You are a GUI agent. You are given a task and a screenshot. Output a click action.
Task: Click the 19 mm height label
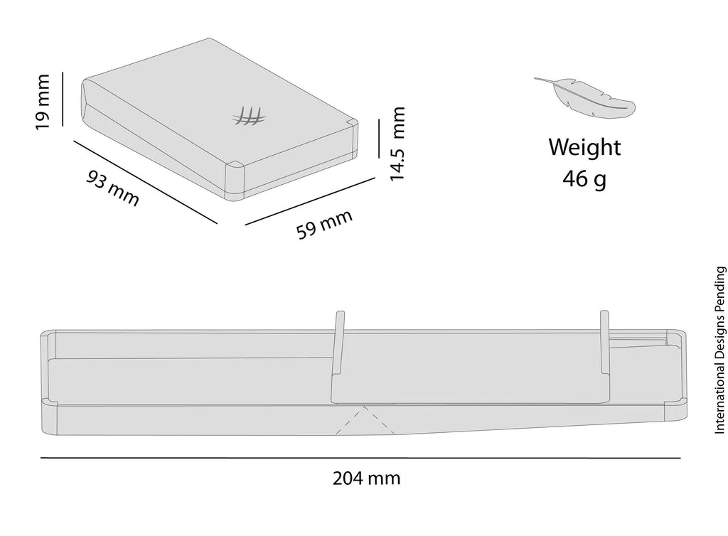click(x=42, y=102)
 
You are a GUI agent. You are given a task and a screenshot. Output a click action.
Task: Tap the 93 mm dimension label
click(x=113, y=188)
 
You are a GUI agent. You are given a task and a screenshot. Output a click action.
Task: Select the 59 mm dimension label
click(x=324, y=224)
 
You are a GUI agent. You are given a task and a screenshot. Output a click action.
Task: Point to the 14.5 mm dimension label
click(x=397, y=144)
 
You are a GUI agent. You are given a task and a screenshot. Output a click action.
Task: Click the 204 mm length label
click(x=366, y=478)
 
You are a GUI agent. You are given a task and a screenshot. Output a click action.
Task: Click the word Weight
click(x=584, y=147)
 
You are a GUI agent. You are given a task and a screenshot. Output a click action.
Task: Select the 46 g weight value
click(x=584, y=178)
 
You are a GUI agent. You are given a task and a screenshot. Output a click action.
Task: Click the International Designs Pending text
click(x=719, y=350)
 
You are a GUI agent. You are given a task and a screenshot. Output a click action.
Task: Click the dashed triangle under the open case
click(x=365, y=421)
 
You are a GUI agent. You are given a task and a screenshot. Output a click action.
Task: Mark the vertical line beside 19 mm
click(x=63, y=99)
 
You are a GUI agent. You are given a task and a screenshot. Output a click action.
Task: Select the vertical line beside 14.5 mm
click(x=379, y=139)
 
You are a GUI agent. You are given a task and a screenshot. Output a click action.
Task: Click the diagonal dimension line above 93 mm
click(x=145, y=182)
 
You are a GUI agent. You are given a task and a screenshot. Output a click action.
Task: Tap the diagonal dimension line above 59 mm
click(x=310, y=201)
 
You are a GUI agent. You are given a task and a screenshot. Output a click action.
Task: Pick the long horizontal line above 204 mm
click(x=360, y=458)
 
